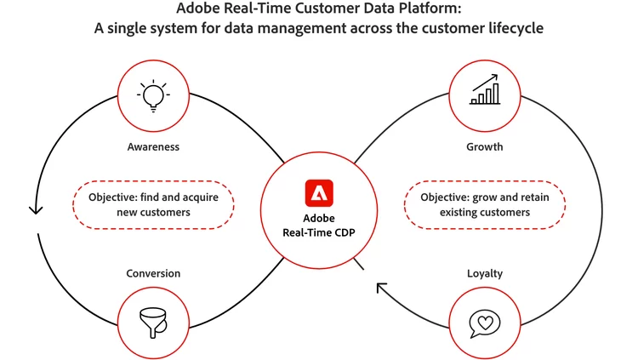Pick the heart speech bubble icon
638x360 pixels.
[x=485, y=323]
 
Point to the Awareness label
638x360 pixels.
[x=154, y=146]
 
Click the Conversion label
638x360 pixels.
[x=153, y=273]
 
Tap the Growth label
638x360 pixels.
[x=485, y=146]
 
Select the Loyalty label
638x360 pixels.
[x=485, y=273]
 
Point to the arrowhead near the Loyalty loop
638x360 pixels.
[x=381, y=289]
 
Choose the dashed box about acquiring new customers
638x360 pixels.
[x=154, y=204]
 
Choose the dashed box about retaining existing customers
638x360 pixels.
[x=485, y=204]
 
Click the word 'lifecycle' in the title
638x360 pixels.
[x=515, y=27]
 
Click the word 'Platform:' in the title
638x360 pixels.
[x=436, y=9]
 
